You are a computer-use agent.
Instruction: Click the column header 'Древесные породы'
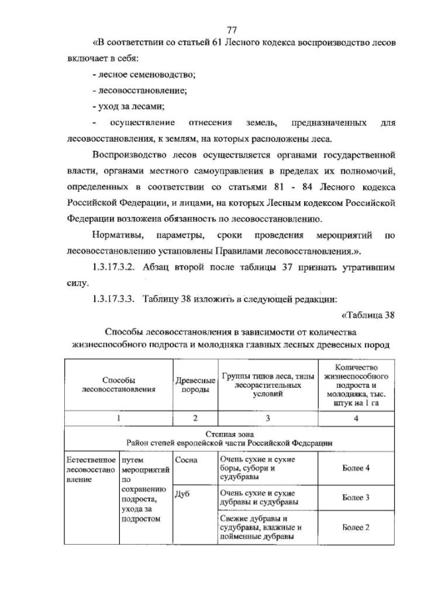click(195, 385)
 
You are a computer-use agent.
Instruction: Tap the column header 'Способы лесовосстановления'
click(119, 385)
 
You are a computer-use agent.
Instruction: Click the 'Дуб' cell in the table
click(184, 494)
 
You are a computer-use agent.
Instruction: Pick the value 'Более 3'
click(356, 497)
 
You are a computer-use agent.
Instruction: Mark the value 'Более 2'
click(356, 527)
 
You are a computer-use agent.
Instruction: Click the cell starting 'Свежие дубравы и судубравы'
click(262, 527)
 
